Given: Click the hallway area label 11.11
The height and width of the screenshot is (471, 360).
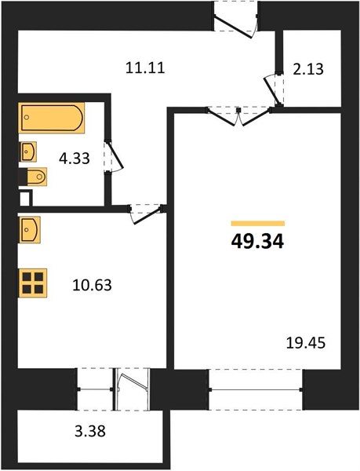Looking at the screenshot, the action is point(145,68).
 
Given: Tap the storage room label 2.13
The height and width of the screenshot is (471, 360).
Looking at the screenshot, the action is point(308,69).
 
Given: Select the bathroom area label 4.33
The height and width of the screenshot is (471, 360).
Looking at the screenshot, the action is point(74,159).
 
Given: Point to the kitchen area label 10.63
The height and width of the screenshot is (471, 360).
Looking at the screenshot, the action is point(92,285).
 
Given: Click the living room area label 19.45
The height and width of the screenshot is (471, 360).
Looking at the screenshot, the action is point(306,343).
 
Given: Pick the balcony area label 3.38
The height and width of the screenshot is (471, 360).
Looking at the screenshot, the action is point(90,431).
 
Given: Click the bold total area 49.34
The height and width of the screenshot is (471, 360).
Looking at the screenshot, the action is point(257,242).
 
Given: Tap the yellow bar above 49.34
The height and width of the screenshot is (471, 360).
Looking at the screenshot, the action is point(258,223).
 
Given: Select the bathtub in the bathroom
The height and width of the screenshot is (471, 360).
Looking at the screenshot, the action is point(51,118).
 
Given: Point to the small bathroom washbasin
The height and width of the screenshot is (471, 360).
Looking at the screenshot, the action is point(28,152).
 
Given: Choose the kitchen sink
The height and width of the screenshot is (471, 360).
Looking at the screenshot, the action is point(29,229).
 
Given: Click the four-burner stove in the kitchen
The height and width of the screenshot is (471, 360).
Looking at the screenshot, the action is point(33,283).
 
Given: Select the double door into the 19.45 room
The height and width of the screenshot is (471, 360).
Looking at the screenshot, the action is point(238,117).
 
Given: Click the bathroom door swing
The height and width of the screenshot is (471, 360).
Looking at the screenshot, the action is point(115,156).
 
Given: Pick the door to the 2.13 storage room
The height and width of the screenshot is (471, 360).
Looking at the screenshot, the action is point(274,89).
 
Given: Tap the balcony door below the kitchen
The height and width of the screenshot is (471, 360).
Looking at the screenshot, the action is point(132,389).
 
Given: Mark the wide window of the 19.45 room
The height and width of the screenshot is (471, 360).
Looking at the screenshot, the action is point(256,389).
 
